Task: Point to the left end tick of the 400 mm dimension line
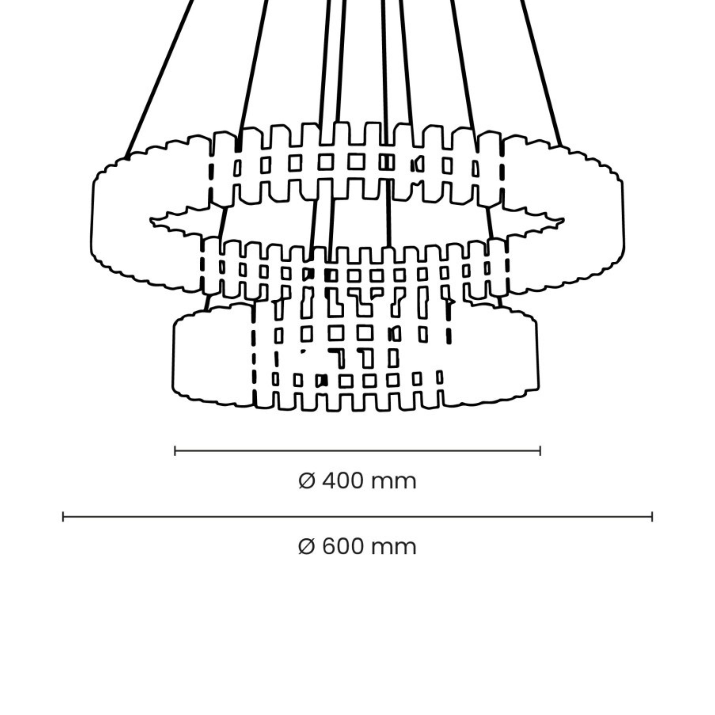click(x=175, y=451)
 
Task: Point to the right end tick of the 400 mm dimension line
click(x=540, y=451)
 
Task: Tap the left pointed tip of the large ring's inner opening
click(x=150, y=221)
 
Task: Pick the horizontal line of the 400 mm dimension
click(x=357, y=451)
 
